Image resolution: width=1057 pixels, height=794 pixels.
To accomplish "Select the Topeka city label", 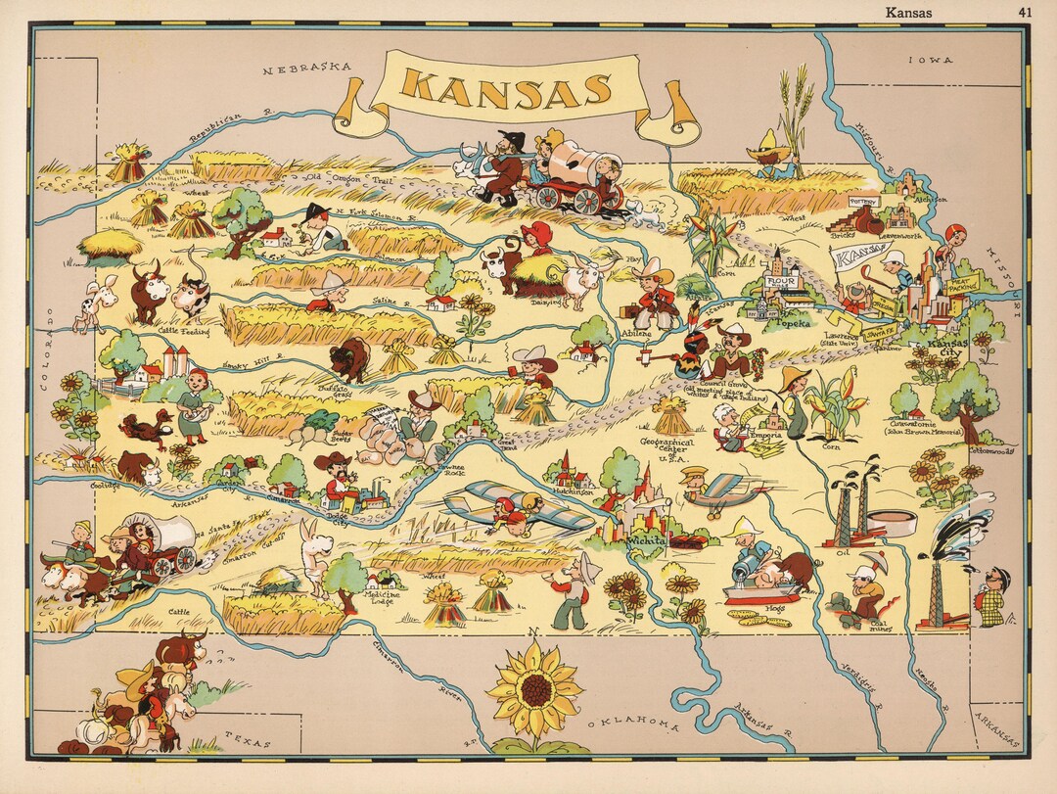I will tap(791, 321).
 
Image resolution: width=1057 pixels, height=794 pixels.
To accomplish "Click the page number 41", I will tap(1025, 13).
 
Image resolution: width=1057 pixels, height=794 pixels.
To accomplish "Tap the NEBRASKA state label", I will tap(307, 69).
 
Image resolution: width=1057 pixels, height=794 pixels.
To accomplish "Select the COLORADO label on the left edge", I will tap(45, 350).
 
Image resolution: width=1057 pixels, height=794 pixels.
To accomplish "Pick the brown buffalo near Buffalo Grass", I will tap(348, 358).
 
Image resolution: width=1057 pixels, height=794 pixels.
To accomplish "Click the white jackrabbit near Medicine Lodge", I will tap(315, 558).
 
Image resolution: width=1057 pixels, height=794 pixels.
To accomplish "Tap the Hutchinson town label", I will tap(573, 493).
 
